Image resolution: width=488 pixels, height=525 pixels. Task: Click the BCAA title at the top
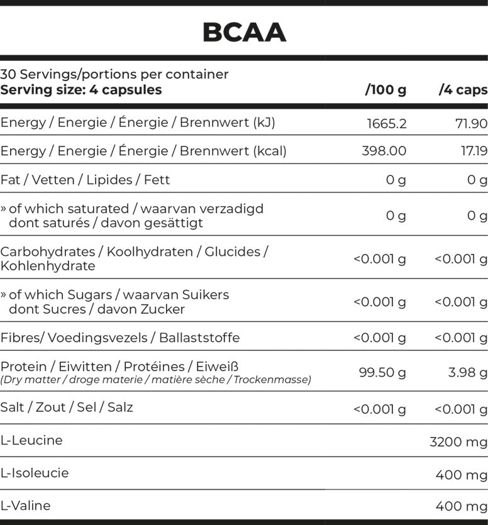tap(244, 33)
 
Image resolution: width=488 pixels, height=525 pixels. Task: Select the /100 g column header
tap(385, 90)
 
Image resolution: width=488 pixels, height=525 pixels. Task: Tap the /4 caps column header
tap(463, 90)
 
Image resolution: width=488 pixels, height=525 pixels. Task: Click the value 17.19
tap(472, 151)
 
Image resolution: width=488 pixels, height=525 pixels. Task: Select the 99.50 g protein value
tap(382, 372)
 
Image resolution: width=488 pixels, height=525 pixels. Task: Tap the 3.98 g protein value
tap(467, 372)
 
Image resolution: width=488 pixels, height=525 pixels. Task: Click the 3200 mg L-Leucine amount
tap(458, 442)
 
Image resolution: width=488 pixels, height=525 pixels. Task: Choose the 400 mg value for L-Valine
tap(461, 507)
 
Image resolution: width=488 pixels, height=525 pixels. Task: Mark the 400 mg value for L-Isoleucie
tap(461, 475)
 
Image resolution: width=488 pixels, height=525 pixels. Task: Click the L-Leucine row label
tap(31, 440)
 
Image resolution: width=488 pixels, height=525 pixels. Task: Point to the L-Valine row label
tap(26, 506)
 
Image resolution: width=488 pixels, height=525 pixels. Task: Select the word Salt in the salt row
tap(12, 407)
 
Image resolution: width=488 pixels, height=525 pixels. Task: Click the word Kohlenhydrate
tap(48, 266)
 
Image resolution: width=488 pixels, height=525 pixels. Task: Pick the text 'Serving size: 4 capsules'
tap(81, 90)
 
